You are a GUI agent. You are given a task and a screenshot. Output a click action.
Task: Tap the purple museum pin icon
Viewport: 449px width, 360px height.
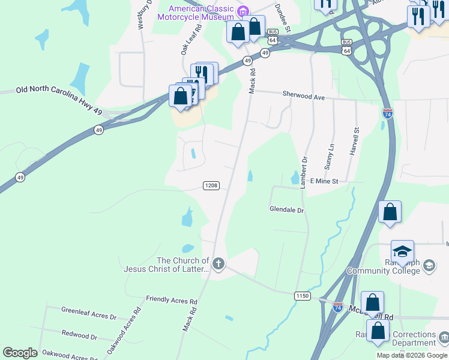[x=243, y=11]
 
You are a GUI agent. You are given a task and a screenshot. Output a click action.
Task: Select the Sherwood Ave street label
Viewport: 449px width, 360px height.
[x=303, y=97]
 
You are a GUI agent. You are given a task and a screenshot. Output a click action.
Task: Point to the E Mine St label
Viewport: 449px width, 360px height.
[x=324, y=181]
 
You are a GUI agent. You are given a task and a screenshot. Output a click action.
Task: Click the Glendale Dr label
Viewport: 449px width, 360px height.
[x=286, y=210]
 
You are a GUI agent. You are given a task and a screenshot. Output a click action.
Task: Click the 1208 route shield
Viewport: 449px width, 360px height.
[x=211, y=185]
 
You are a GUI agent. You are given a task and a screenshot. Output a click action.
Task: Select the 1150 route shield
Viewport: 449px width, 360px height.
[x=302, y=296]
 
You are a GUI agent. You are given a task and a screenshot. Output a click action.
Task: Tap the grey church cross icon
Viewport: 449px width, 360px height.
[x=218, y=263]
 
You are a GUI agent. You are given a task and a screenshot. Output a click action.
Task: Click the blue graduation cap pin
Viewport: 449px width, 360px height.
[x=402, y=251]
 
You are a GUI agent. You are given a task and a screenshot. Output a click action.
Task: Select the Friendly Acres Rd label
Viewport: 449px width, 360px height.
[x=172, y=299]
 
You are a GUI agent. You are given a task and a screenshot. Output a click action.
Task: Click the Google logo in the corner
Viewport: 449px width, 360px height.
[x=20, y=353]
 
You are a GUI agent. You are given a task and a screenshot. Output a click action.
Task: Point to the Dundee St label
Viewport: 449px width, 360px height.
[x=283, y=17]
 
